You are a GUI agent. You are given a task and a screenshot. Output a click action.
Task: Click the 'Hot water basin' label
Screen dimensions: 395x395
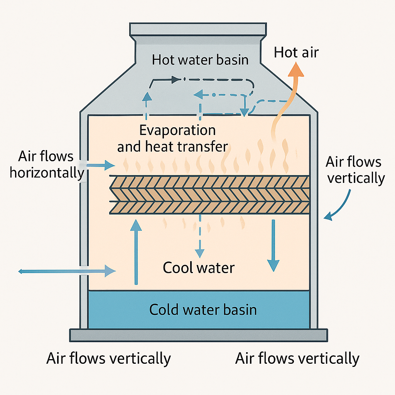(200, 60)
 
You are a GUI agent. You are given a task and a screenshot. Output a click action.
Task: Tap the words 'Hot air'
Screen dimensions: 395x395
(296, 52)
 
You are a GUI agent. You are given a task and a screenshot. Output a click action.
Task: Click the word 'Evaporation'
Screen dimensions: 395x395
(177, 130)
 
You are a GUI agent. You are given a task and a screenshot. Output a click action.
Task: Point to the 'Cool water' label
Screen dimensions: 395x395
(199, 267)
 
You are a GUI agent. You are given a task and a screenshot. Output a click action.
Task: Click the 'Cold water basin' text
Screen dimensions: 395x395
(203, 309)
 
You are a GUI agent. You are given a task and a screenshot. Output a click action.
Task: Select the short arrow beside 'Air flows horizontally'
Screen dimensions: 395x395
(101, 165)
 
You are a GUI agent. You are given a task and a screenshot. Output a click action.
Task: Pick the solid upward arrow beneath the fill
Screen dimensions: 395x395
(135, 251)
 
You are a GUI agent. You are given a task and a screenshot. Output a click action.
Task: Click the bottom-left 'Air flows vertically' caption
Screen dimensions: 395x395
(108, 358)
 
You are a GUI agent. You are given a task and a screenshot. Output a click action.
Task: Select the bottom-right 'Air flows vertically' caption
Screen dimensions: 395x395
(297, 358)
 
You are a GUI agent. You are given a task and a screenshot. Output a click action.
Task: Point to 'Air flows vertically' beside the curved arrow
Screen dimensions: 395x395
(355, 170)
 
